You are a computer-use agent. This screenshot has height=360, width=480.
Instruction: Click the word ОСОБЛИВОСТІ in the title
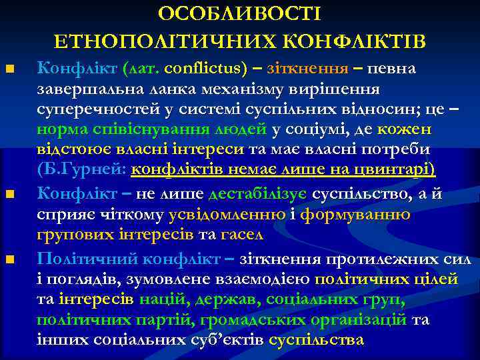click(240, 14)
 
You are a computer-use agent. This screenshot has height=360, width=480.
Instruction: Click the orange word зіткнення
click(299, 69)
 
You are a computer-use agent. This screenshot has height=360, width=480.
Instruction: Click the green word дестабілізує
click(258, 194)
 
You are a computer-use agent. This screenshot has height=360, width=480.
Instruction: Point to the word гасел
click(246, 235)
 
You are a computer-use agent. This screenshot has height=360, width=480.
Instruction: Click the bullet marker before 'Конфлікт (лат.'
click(9, 69)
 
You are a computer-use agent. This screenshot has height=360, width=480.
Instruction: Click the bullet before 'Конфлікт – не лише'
click(9, 195)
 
